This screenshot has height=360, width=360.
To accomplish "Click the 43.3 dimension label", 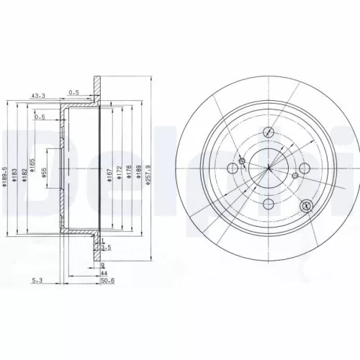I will pos(38,95).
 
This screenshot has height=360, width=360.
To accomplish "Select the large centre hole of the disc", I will pos(267,168).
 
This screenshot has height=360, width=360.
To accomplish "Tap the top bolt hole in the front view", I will pos(268,132).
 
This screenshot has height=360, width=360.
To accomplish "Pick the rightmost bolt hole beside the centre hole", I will pos(304,168).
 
